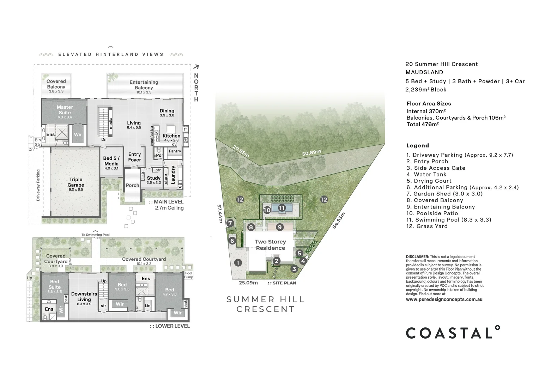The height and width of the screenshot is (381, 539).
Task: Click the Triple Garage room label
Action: point(76,182)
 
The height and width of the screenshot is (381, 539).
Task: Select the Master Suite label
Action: point(65,110)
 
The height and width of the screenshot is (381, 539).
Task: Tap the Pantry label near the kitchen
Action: point(175,151)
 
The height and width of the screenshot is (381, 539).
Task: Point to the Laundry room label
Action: point(173,175)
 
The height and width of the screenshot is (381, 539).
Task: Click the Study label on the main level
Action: point(154,178)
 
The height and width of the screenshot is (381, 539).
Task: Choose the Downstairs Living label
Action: point(84,297)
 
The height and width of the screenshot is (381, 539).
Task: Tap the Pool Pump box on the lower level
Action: point(189,275)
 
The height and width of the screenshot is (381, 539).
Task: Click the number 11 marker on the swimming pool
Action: point(281,208)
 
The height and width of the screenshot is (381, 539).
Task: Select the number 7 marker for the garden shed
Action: point(230,223)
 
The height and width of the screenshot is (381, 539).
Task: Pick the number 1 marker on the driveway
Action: point(238,262)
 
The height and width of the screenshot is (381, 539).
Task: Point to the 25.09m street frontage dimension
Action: point(248,283)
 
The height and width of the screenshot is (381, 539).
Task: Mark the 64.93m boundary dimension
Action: point(338,220)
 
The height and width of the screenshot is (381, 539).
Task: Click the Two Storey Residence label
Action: point(270,245)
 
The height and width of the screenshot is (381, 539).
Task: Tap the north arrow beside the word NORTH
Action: point(196,67)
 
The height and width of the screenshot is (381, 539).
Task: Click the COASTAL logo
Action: point(453,333)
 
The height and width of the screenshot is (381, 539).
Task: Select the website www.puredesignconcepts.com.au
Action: point(444,300)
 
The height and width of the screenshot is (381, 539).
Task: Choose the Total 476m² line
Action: point(422,124)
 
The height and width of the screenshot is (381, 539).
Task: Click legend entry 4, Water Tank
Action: point(426,174)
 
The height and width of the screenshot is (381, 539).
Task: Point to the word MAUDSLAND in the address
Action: point(424,72)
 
